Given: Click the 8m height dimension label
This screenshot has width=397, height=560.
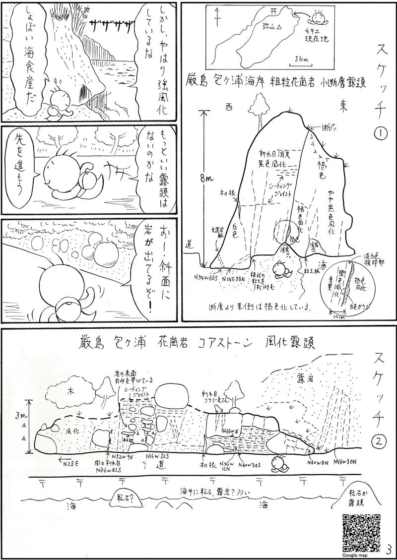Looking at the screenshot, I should pyautogui.click(x=207, y=180).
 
